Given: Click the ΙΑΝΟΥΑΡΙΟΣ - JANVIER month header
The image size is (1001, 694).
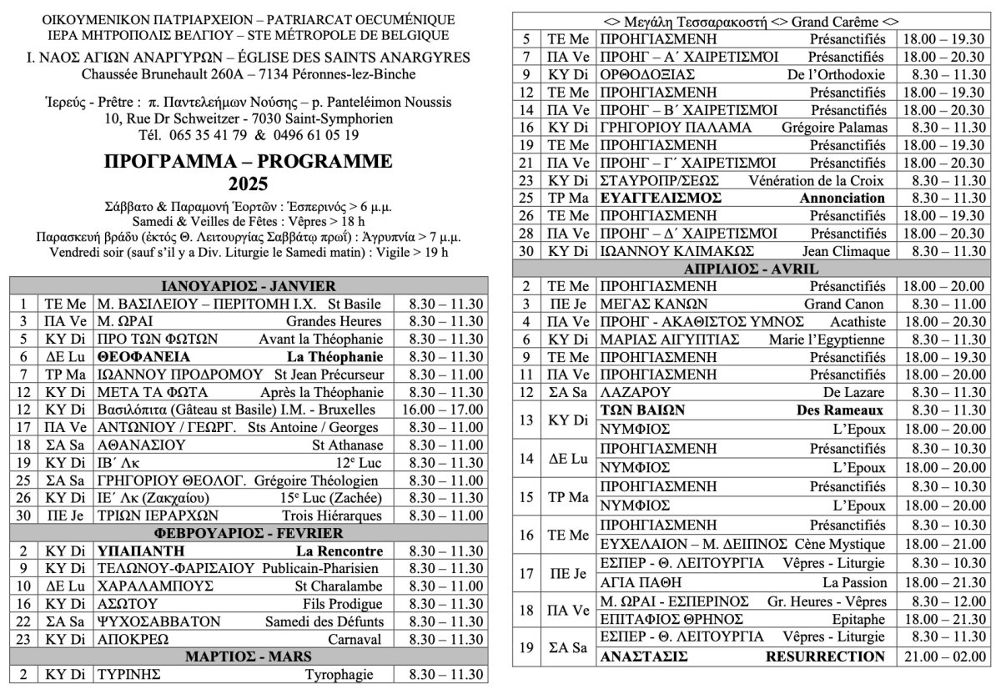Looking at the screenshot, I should [x=249, y=285].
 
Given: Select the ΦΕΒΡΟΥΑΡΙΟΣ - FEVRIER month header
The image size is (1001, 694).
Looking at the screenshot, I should [x=249, y=532].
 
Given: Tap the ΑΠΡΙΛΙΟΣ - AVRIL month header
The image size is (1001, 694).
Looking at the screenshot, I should [x=752, y=269].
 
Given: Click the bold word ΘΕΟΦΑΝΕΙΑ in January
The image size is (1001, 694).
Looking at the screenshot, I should [x=138, y=356].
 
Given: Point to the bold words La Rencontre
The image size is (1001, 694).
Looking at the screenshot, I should [x=340, y=551].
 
